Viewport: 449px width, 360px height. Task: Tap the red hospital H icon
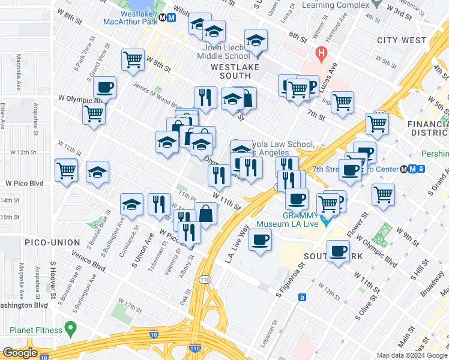click(321, 53)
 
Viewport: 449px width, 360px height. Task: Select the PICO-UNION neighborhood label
click(52, 242)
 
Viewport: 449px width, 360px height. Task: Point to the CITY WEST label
click(400, 40)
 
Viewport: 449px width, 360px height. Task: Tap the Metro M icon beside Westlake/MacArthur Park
click(172, 17)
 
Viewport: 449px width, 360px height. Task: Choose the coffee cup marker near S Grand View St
click(104, 88)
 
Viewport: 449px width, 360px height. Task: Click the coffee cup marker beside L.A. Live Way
click(260, 241)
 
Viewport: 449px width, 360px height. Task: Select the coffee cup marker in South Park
click(339, 250)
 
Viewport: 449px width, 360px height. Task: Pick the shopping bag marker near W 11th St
click(205, 214)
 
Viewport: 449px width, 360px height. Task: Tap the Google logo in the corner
click(20, 353)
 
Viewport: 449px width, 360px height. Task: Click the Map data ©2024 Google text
click(411, 355)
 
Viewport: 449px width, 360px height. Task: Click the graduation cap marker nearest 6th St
click(256, 41)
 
